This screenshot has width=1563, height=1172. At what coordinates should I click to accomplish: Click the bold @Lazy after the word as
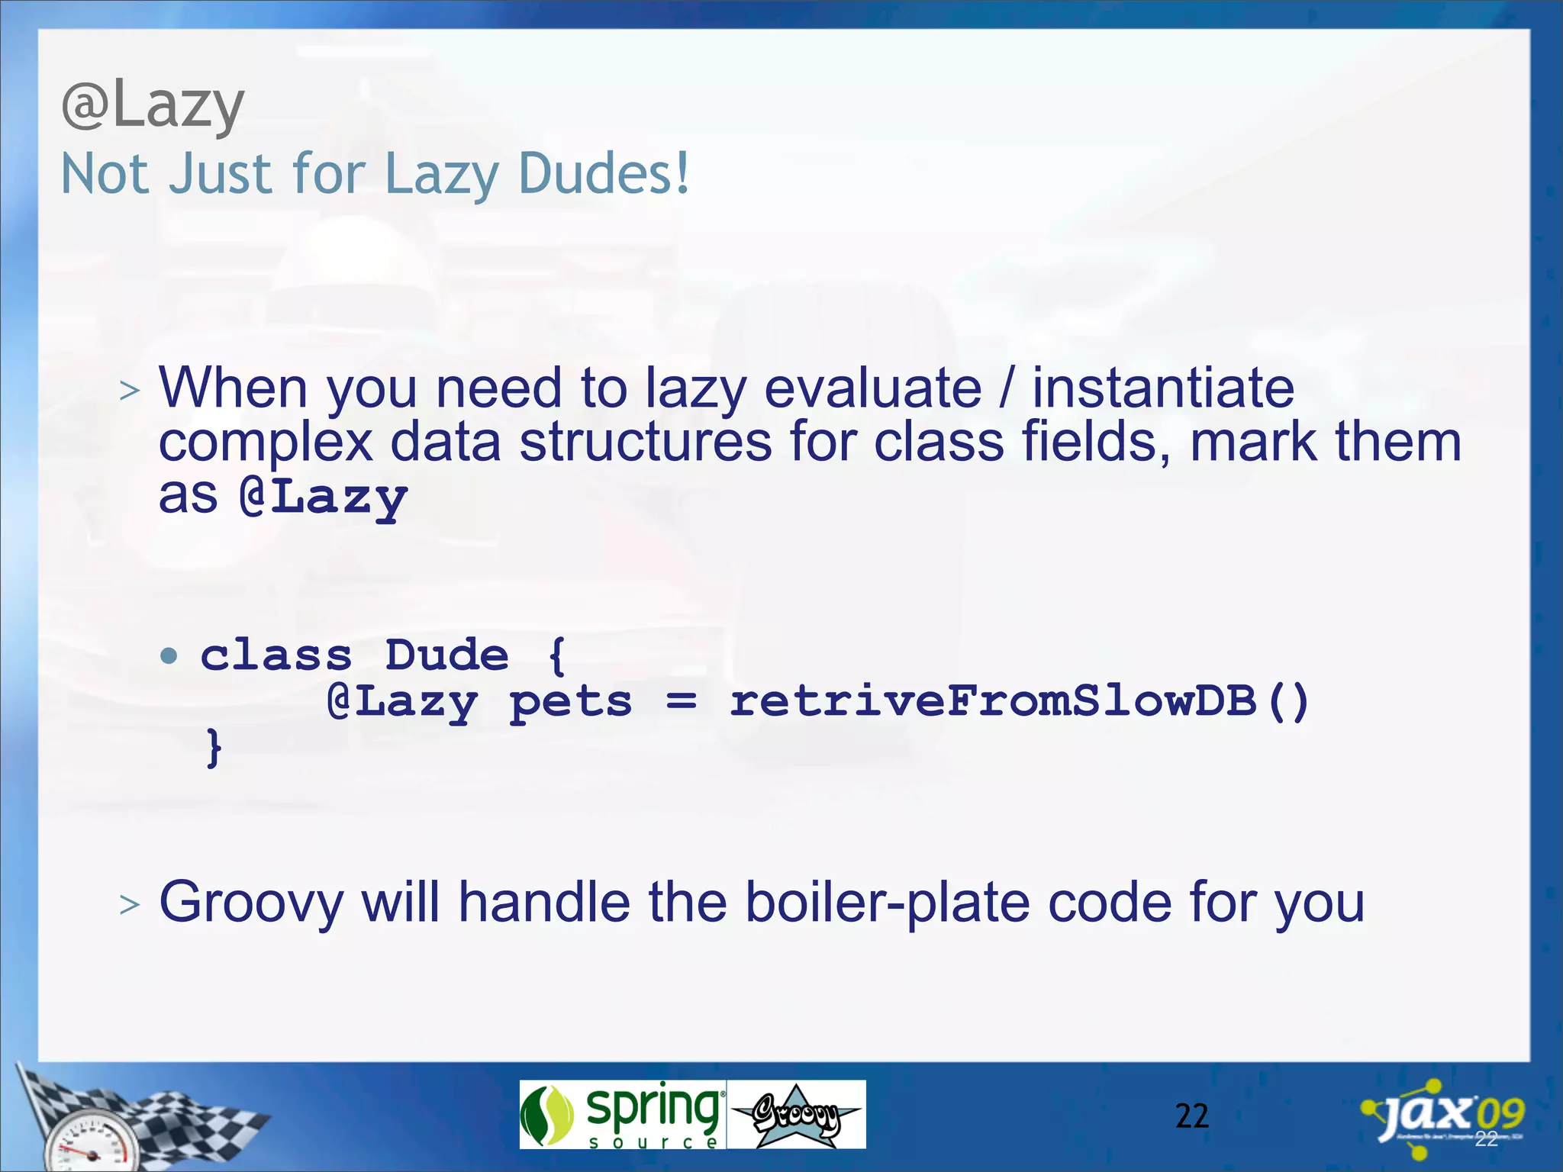click(x=324, y=497)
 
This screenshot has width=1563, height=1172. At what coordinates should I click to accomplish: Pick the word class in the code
click(x=276, y=655)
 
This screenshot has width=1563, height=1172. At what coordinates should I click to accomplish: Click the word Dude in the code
click(x=446, y=655)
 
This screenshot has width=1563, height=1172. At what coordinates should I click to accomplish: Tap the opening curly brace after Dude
click(x=557, y=656)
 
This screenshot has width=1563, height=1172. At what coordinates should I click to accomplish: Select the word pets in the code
click(x=571, y=702)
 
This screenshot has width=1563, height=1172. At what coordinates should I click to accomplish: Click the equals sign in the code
click(x=681, y=702)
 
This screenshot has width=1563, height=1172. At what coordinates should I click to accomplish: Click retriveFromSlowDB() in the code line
click(x=1018, y=702)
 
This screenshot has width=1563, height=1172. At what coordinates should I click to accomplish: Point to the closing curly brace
click(x=214, y=748)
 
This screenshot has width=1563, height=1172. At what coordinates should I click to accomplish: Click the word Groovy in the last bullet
click(x=252, y=903)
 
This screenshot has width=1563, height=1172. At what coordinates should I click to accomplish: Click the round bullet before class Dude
click(x=169, y=655)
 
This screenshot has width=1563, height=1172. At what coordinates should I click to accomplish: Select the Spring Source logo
click(x=622, y=1114)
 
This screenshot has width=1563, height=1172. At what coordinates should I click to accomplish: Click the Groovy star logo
click(x=796, y=1115)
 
